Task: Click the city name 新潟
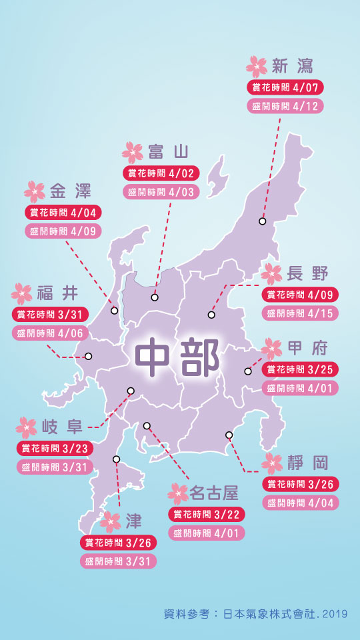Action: [293, 65]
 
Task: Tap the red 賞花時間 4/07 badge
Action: [285, 87]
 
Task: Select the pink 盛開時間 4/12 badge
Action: [285, 105]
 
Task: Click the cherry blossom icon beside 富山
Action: [133, 152]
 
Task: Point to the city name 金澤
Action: [70, 192]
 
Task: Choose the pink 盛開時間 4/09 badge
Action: [64, 231]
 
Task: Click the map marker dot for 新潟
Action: [263, 221]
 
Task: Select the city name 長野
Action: [307, 273]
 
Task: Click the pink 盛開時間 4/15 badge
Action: [300, 313]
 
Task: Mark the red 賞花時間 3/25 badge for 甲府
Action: [300, 369]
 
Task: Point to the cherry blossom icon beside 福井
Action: [21, 293]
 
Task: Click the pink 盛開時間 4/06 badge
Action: [51, 333]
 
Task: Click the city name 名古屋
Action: [213, 493]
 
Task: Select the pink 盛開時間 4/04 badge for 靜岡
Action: [300, 503]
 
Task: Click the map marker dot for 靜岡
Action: [229, 435]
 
